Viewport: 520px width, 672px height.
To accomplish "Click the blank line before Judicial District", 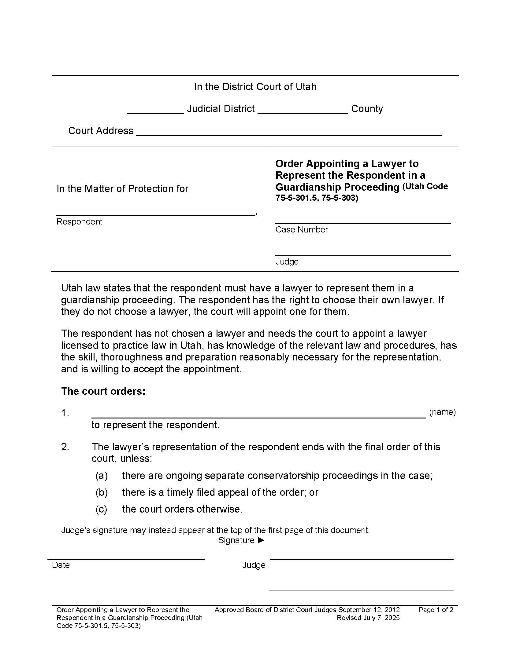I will [155, 112].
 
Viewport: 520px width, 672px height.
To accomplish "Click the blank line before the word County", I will [303, 112].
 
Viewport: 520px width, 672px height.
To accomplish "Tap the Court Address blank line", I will [289, 134].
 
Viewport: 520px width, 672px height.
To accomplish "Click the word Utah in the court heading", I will [306, 87].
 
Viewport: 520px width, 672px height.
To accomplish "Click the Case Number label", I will [301, 229].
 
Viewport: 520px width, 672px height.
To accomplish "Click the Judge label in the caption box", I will [287, 261].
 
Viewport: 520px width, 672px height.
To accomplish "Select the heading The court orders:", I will [103, 391].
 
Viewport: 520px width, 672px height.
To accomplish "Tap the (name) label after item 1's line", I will [442, 412].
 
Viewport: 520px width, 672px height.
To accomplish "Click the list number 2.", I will [65, 447].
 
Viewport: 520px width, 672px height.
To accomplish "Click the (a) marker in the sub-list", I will [101, 476].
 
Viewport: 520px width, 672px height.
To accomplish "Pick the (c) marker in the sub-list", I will [101, 509].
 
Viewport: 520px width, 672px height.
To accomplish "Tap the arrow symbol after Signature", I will [261, 540].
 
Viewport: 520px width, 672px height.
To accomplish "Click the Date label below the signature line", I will [61, 565].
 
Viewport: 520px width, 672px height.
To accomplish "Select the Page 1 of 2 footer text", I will [436, 610].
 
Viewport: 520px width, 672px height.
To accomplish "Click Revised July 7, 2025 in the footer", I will [368, 618].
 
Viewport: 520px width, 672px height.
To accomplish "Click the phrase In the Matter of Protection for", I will [122, 188].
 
